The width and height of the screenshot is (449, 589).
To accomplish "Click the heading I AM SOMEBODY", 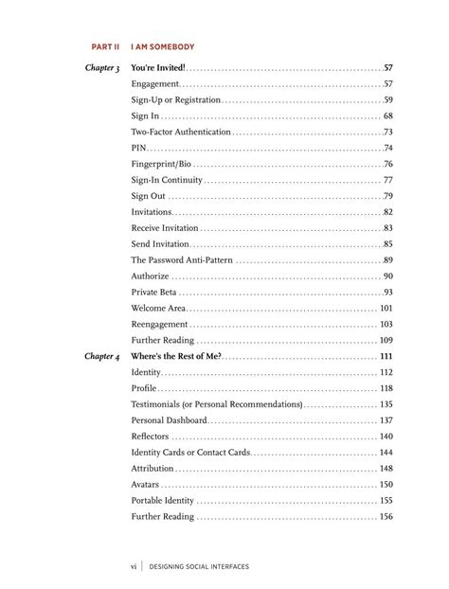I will click(163, 45).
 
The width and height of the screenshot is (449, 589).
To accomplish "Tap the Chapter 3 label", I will click(102, 68).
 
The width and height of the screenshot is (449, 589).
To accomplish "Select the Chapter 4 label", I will click(102, 356).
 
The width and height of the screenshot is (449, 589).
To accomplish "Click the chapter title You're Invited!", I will click(157, 68).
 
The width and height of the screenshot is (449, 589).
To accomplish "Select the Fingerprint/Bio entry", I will click(161, 164).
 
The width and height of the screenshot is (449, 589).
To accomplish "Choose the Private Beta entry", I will click(157, 292).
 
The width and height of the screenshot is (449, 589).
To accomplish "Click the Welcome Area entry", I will click(158, 308).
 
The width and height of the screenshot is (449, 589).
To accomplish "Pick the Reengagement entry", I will click(160, 324).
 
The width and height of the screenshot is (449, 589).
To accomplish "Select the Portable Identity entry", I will click(163, 500).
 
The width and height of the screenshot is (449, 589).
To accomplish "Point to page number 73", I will click(388, 132).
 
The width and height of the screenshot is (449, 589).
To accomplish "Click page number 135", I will click(386, 404).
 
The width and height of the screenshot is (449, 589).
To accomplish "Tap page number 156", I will click(386, 516).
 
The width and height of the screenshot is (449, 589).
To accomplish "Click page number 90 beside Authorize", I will click(388, 276).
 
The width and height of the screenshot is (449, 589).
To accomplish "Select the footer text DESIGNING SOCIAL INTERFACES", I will click(199, 566).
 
